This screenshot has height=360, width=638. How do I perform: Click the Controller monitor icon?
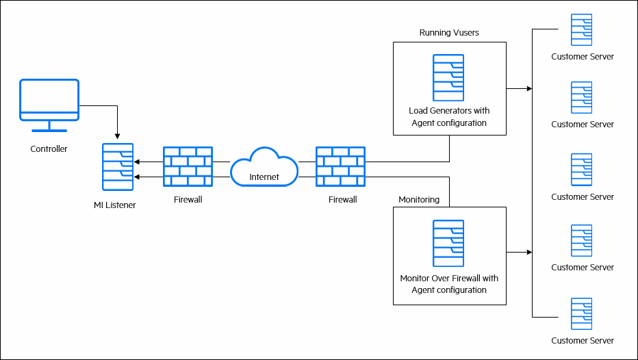coord(49,104)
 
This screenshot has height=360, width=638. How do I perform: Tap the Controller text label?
coord(49,149)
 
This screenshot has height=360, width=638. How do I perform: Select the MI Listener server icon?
coord(118,167)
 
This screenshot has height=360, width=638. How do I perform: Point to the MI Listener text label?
coord(115,205)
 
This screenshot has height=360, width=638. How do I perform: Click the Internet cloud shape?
coord(264,168)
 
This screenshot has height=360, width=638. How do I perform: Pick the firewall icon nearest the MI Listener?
coord(188,167)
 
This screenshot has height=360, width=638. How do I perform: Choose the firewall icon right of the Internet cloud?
coord(340,167)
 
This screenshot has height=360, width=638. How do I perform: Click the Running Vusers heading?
coord(449,33)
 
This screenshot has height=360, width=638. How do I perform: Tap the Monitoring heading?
coord(419,199)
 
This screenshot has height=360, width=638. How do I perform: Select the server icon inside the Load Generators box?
coord(448,78)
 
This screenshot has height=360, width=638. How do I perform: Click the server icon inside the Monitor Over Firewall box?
coord(448,243)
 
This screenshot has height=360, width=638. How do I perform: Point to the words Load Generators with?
coord(449,110)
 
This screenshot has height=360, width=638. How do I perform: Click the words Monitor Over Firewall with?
coord(449,279)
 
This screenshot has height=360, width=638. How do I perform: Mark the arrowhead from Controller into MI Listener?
coord(118,135)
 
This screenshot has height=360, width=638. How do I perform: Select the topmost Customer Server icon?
coord(581,29)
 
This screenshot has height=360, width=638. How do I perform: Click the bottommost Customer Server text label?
coord(583,340)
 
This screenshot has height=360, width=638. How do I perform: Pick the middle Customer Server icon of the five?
coord(581,170)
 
